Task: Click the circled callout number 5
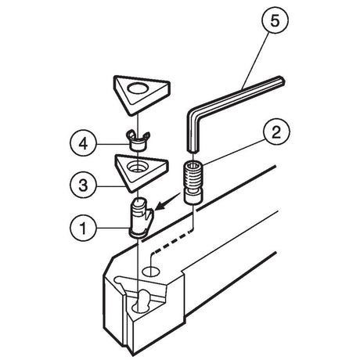pyautogui.click(x=275, y=20)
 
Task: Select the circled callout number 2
pyautogui.click(x=276, y=132)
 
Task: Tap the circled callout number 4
pyautogui.click(x=83, y=143)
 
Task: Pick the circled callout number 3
pyautogui.click(x=83, y=185)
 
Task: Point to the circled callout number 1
pyautogui.click(x=83, y=228)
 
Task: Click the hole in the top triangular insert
pyautogui.click(x=137, y=89)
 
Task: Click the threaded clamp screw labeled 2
pyautogui.click(x=193, y=182)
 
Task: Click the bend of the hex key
pyautogui.click(x=192, y=112)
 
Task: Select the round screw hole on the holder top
pyautogui.click(x=151, y=272)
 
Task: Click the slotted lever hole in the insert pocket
pyautogui.click(x=140, y=301)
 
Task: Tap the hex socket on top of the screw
pyautogui.click(x=193, y=165)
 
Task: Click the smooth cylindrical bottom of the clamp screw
pyautogui.click(x=193, y=197)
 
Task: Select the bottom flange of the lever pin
pyautogui.click(x=138, y=233)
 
